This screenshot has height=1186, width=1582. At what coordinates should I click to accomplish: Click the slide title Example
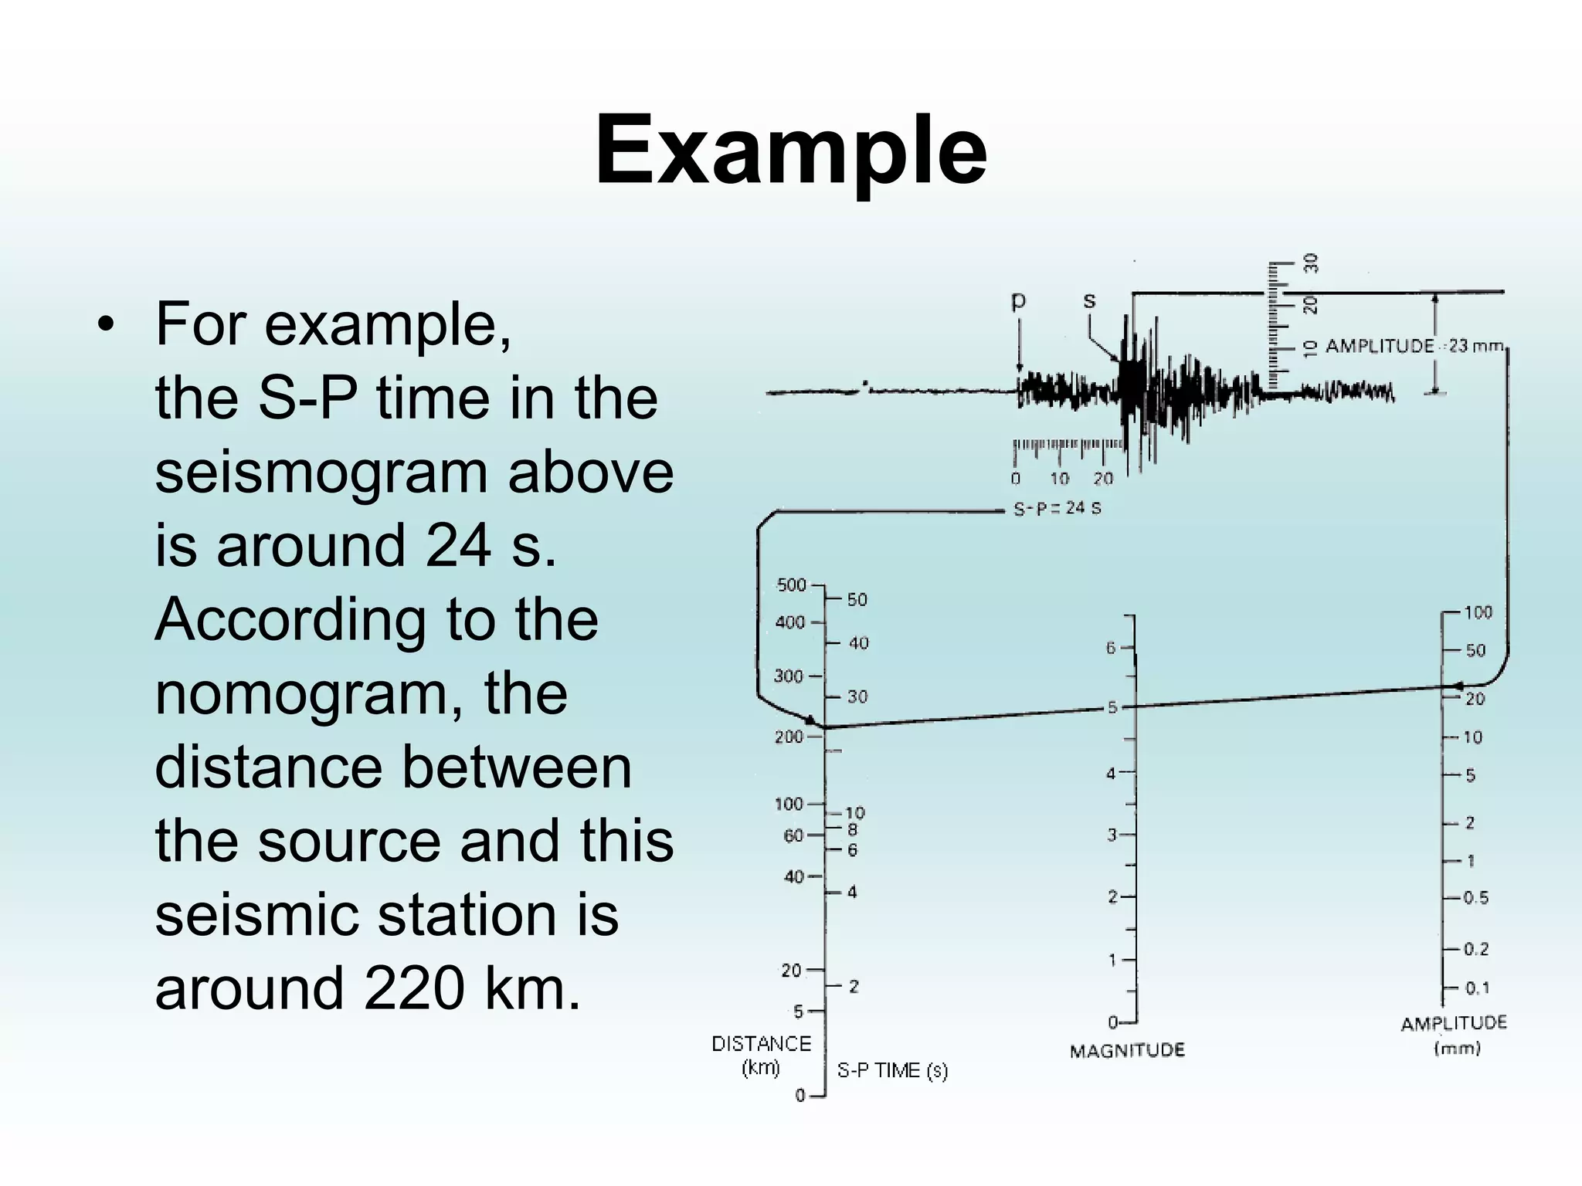pyautogui.click(x=790, y=151)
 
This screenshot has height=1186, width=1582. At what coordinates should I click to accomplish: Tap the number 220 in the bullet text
pyautogui.click(x=414, y=988)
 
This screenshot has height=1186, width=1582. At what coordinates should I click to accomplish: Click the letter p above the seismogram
pyautogui.click(x=1019, y=301)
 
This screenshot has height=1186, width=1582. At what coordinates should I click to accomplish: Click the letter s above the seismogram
pyautogui.click(x=1089, y=300)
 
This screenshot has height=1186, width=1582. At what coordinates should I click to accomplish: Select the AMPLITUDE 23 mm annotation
pyautogui.click(x=1414, y=346)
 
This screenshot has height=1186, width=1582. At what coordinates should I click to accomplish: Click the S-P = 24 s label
pyautogui.click(x=1057, y=509)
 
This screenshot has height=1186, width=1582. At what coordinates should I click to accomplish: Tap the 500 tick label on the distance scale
pyautogui.click(x=791, y=585)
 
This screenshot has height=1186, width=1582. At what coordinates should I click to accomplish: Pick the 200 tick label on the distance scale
pyautogui.click(x=789, y=737)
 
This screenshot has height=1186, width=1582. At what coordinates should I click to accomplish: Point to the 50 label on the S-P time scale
pyautogui.click(x=857, y=600)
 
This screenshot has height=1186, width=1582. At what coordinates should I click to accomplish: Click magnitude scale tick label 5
pyautogui.click(x=1112, y=707)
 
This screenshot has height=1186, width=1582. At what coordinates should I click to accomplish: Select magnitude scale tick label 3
pyautogui.click(x=1112, y=835)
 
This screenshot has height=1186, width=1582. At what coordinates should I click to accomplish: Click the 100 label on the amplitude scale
pyautogui.click(x=1478, y=612)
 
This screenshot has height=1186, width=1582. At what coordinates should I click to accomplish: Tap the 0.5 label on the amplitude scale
pyautogui.click(x=1476, y=898)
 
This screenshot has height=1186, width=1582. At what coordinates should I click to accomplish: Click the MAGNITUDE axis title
pyautogui.click(x=1127, y=1051)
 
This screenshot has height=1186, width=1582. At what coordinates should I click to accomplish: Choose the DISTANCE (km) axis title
pyautogui.click(x=761, y=1055)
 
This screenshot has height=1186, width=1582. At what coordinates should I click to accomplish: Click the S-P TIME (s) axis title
pyautogui.click(x=892, y=1071)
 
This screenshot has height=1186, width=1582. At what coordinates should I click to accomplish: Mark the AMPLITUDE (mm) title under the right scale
pyautogui.click(x=1454, y=1035)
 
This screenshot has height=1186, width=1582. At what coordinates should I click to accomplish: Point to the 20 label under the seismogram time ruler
pyautogui.click(x=1103, y=479)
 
